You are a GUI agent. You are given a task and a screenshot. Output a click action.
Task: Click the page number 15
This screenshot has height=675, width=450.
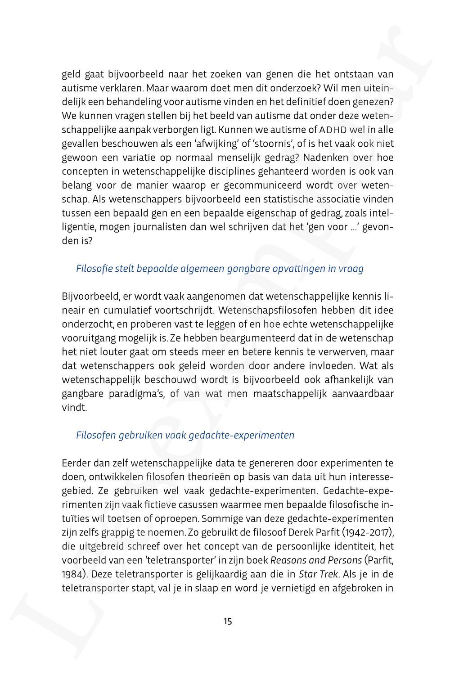pos(227,621)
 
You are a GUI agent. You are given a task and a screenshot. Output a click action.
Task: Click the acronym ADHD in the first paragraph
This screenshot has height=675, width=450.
pos(331,130)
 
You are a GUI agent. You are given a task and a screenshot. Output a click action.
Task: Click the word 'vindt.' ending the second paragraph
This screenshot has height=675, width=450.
pos(74,408)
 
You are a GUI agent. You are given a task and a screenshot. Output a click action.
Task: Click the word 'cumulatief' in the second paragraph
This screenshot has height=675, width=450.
pos(126,310)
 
